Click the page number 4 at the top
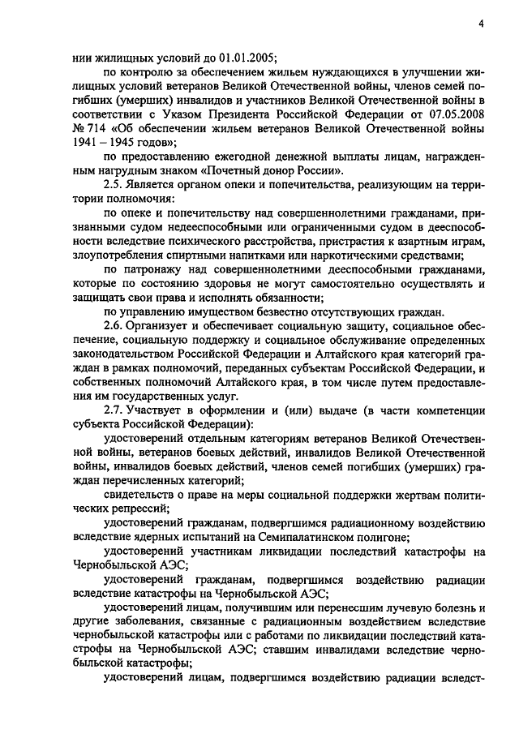(481, 24)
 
